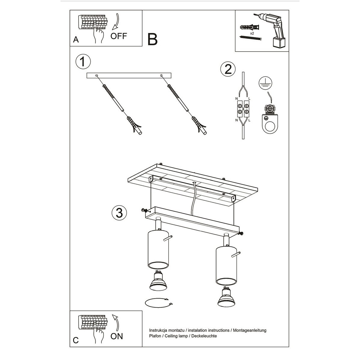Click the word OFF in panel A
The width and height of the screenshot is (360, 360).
point(118,36)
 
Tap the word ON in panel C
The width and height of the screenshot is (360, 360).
point(117,336)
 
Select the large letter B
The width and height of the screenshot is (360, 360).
point(152,39)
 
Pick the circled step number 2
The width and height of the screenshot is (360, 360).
point(228,69)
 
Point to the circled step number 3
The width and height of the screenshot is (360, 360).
point(119,213)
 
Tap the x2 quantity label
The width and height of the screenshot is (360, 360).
point(252,33)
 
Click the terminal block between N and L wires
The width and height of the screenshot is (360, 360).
point(243,109)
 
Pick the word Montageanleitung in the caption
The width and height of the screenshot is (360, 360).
point(250,330)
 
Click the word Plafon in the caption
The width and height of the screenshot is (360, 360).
point(155,336)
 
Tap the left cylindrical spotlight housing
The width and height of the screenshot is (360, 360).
point(158,250)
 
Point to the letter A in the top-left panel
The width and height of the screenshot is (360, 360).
point(76,40)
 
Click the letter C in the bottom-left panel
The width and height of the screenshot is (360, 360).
point(76,340)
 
